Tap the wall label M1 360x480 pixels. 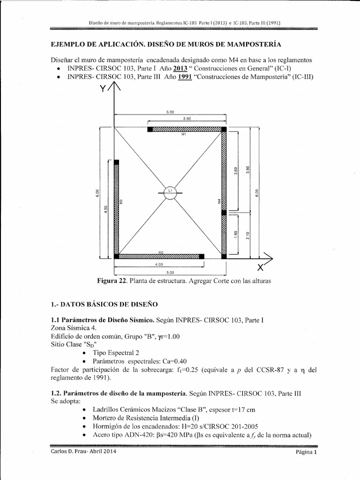[x=184, y=134]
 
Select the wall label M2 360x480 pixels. [x=160, y=253]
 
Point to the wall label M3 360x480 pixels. [x=121, y=202]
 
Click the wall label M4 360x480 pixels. [x=219, y=201]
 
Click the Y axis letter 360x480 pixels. [x=103, y=90]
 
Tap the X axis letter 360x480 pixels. [x=260, y=268]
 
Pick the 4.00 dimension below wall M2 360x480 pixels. [x=159, y=265]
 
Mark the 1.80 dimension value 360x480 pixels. [x=236, y=234]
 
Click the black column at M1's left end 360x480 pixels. [x=150, y=129]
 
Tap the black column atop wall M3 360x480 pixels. [x=116, y=162]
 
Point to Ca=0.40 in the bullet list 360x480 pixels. [x=172, y=361]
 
